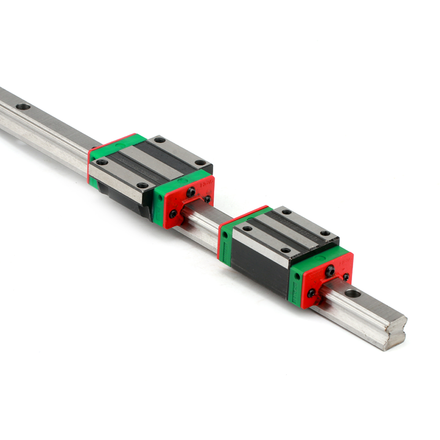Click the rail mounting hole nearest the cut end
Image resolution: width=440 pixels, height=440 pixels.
(352, 293)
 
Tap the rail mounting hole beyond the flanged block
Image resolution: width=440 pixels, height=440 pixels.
(23, 106)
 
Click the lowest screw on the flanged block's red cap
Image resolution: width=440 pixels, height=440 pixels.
(173, 214)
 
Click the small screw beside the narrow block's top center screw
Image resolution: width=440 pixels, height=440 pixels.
(346, 277)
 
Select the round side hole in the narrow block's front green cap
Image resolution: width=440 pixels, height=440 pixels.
(297, 276)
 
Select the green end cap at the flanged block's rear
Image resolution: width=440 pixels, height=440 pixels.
(117, 144)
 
